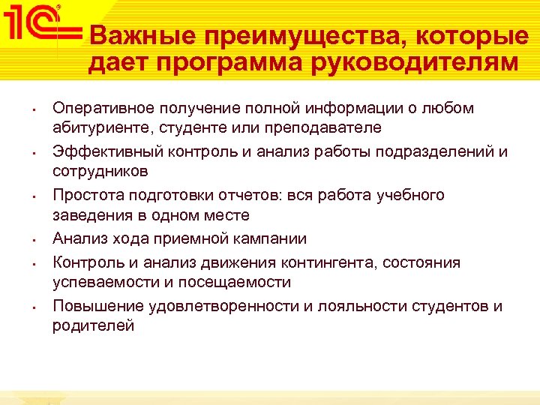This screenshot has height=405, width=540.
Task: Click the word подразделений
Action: (436, 151)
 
